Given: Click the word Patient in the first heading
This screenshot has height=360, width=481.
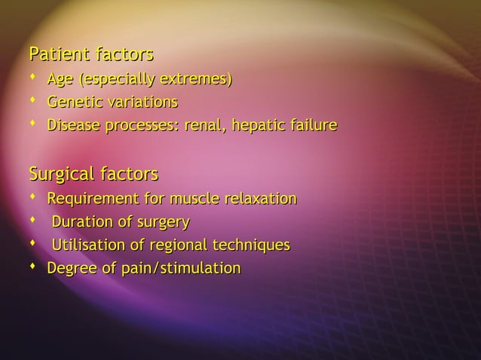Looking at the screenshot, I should pyautogui.click(x=58, y=55).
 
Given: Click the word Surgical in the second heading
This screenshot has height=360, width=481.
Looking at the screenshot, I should pyautogui.click(x=63, y=175).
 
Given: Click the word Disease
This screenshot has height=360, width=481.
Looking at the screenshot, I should pyautogui.click(x=74, y=125).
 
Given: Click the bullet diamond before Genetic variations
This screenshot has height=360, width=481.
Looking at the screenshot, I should pyautogui.click(x=34, y=101).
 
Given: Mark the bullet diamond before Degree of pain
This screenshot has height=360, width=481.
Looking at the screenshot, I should pyautogui.click(x=34, y=267).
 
